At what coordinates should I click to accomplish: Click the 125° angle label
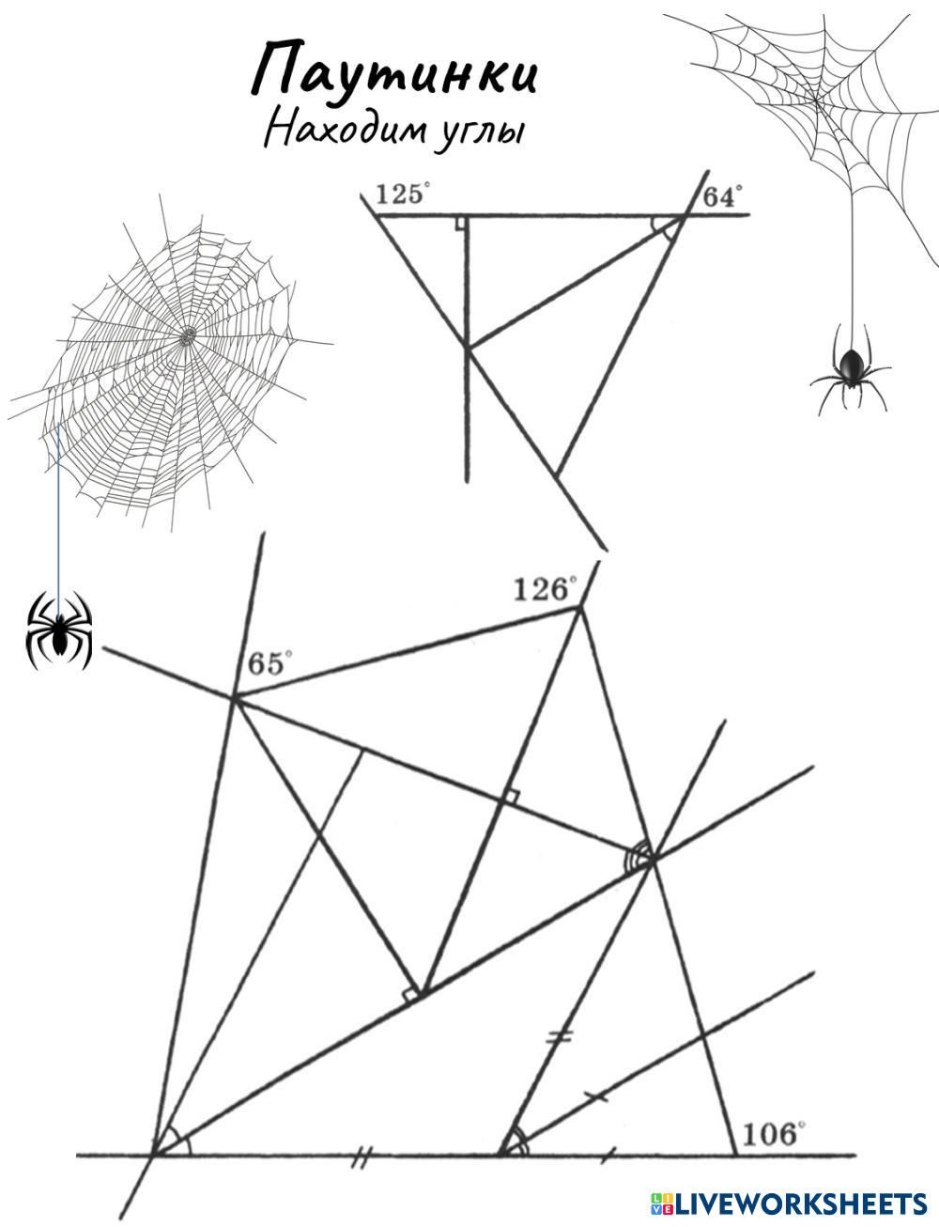tap(402, 195)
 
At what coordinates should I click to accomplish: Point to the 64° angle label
tap(722, 196)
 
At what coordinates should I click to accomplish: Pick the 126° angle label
tap(545, 590)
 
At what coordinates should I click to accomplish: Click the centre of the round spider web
tap(189, 334)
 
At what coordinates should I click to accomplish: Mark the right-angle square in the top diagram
tap(461, 223)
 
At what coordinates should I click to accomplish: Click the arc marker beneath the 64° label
tap(666, 229)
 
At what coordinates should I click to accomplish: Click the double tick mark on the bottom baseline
tap(358, 1161)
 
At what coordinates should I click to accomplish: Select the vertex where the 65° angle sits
tap(233, 697)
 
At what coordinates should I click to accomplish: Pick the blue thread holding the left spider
tap(58, 507)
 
